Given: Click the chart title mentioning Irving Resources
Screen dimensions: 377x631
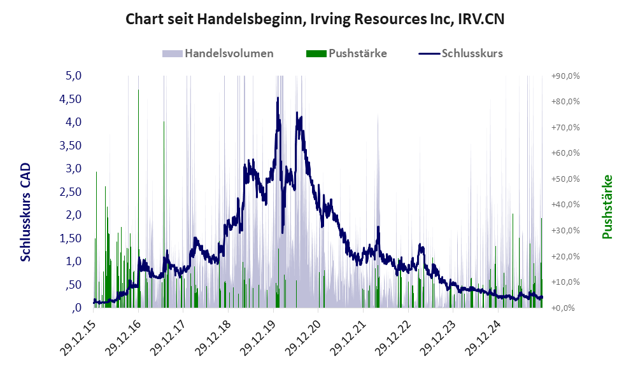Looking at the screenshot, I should [315, 19].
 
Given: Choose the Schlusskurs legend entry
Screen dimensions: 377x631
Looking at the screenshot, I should [461, 53].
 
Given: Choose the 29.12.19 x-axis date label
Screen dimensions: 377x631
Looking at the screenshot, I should [259, 334].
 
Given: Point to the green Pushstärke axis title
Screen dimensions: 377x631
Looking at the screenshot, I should [606, 207].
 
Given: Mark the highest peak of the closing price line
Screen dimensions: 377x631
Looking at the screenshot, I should [278, 99].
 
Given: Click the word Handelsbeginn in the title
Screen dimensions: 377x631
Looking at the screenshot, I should [246, 19].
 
